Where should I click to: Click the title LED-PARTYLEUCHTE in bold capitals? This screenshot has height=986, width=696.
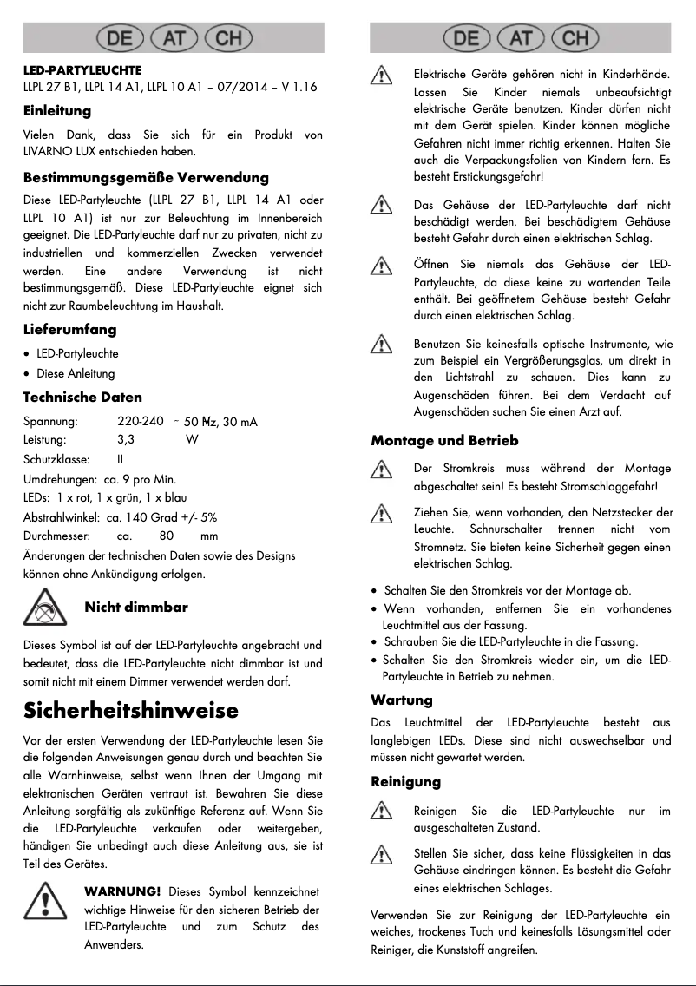coord(82,69)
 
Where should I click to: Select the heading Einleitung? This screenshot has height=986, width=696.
coord(57,111)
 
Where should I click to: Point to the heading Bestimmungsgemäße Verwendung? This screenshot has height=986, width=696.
coord(146,177)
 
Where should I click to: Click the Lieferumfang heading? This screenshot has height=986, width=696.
coord(69,330)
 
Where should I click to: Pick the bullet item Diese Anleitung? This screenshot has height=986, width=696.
coord(76,374)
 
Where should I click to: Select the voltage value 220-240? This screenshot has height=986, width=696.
coord(141,421)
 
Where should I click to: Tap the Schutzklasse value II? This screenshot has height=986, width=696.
coord(121,459)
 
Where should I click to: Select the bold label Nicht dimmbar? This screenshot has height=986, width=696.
coord(136,607)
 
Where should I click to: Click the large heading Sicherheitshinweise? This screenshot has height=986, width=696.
coord(130,710)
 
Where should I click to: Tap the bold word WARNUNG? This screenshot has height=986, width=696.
coord(122,891)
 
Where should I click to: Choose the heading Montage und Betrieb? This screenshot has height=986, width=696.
coord(444,440)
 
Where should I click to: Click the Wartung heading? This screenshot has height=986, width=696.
coord(401,700)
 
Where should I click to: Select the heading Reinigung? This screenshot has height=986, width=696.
coord(405,782)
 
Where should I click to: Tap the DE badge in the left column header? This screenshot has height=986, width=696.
coord(120,38)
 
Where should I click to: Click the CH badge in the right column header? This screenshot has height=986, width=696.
coord(575,38)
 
